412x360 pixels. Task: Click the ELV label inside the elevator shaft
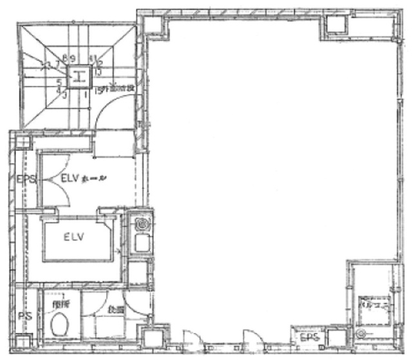(x=75, y=237)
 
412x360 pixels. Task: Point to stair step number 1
(x=85, y=93)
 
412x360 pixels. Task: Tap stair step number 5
(x=59, y=82)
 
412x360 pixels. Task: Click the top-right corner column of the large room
(x=335, y=23)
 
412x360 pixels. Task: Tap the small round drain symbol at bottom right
(x=360, y=334)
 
